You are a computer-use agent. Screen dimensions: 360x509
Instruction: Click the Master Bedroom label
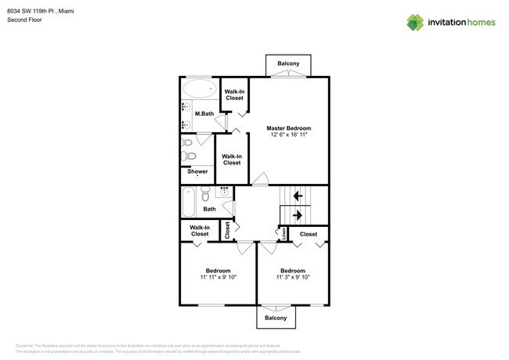click(288, 128)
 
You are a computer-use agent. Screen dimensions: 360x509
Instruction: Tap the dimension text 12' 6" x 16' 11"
click(288, 135)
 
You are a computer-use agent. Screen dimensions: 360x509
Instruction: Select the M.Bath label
click(204, 114)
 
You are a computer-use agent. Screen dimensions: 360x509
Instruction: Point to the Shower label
click(197, 171)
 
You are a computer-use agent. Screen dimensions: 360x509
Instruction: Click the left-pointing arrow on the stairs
click(298, 196)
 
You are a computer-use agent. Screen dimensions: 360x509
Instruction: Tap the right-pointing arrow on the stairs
click(298, 214)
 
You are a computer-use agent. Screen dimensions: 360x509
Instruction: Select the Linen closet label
click(283, 232)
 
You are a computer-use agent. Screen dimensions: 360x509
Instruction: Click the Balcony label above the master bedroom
click(288, 63)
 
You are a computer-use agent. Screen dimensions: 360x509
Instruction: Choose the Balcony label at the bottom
click(276, 318)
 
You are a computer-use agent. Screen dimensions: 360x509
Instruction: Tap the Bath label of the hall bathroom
click(209, 209)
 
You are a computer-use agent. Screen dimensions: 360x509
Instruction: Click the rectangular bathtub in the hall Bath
click(189, 201)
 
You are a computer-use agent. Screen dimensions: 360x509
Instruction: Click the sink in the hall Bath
click(224, 190)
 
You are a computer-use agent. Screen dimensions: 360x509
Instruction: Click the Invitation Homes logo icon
click(415, 23)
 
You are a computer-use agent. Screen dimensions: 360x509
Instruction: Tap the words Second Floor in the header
click(26, 20)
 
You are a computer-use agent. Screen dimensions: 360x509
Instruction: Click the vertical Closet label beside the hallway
click(228, 231)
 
